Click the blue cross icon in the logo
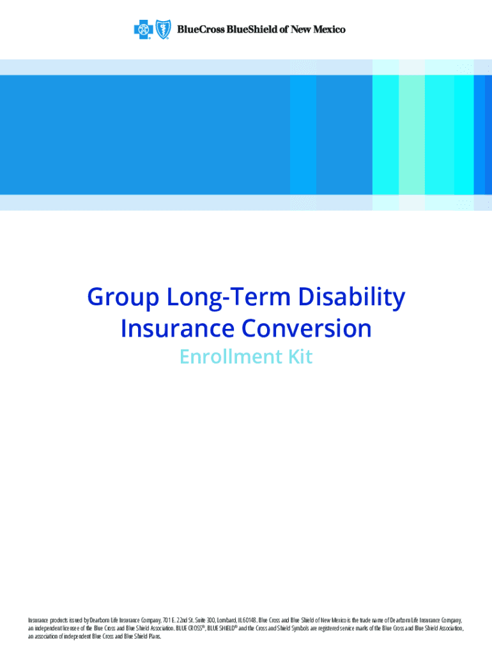point(141,29)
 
